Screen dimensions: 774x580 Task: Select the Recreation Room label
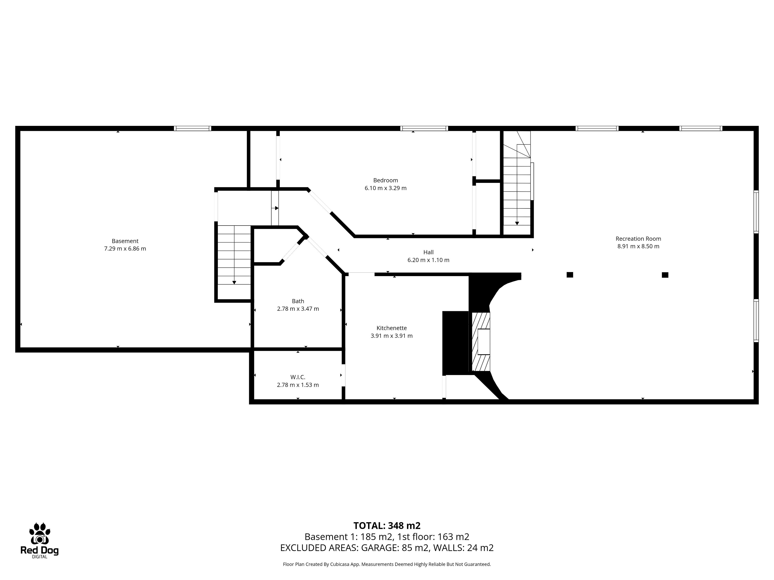click(638, 239)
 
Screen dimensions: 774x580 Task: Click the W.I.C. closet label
click(298, 377)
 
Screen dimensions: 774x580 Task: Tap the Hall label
click(428, 252)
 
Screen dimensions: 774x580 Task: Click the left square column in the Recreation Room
click(570, 275)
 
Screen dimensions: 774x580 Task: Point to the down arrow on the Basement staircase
click(234, 283)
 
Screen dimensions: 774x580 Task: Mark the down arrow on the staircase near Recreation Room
click(517, 223)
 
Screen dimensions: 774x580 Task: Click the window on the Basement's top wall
click(192, 128)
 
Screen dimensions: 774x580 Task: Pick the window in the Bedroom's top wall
click(424, 128)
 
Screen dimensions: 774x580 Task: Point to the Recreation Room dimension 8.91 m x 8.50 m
click(638, 246)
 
